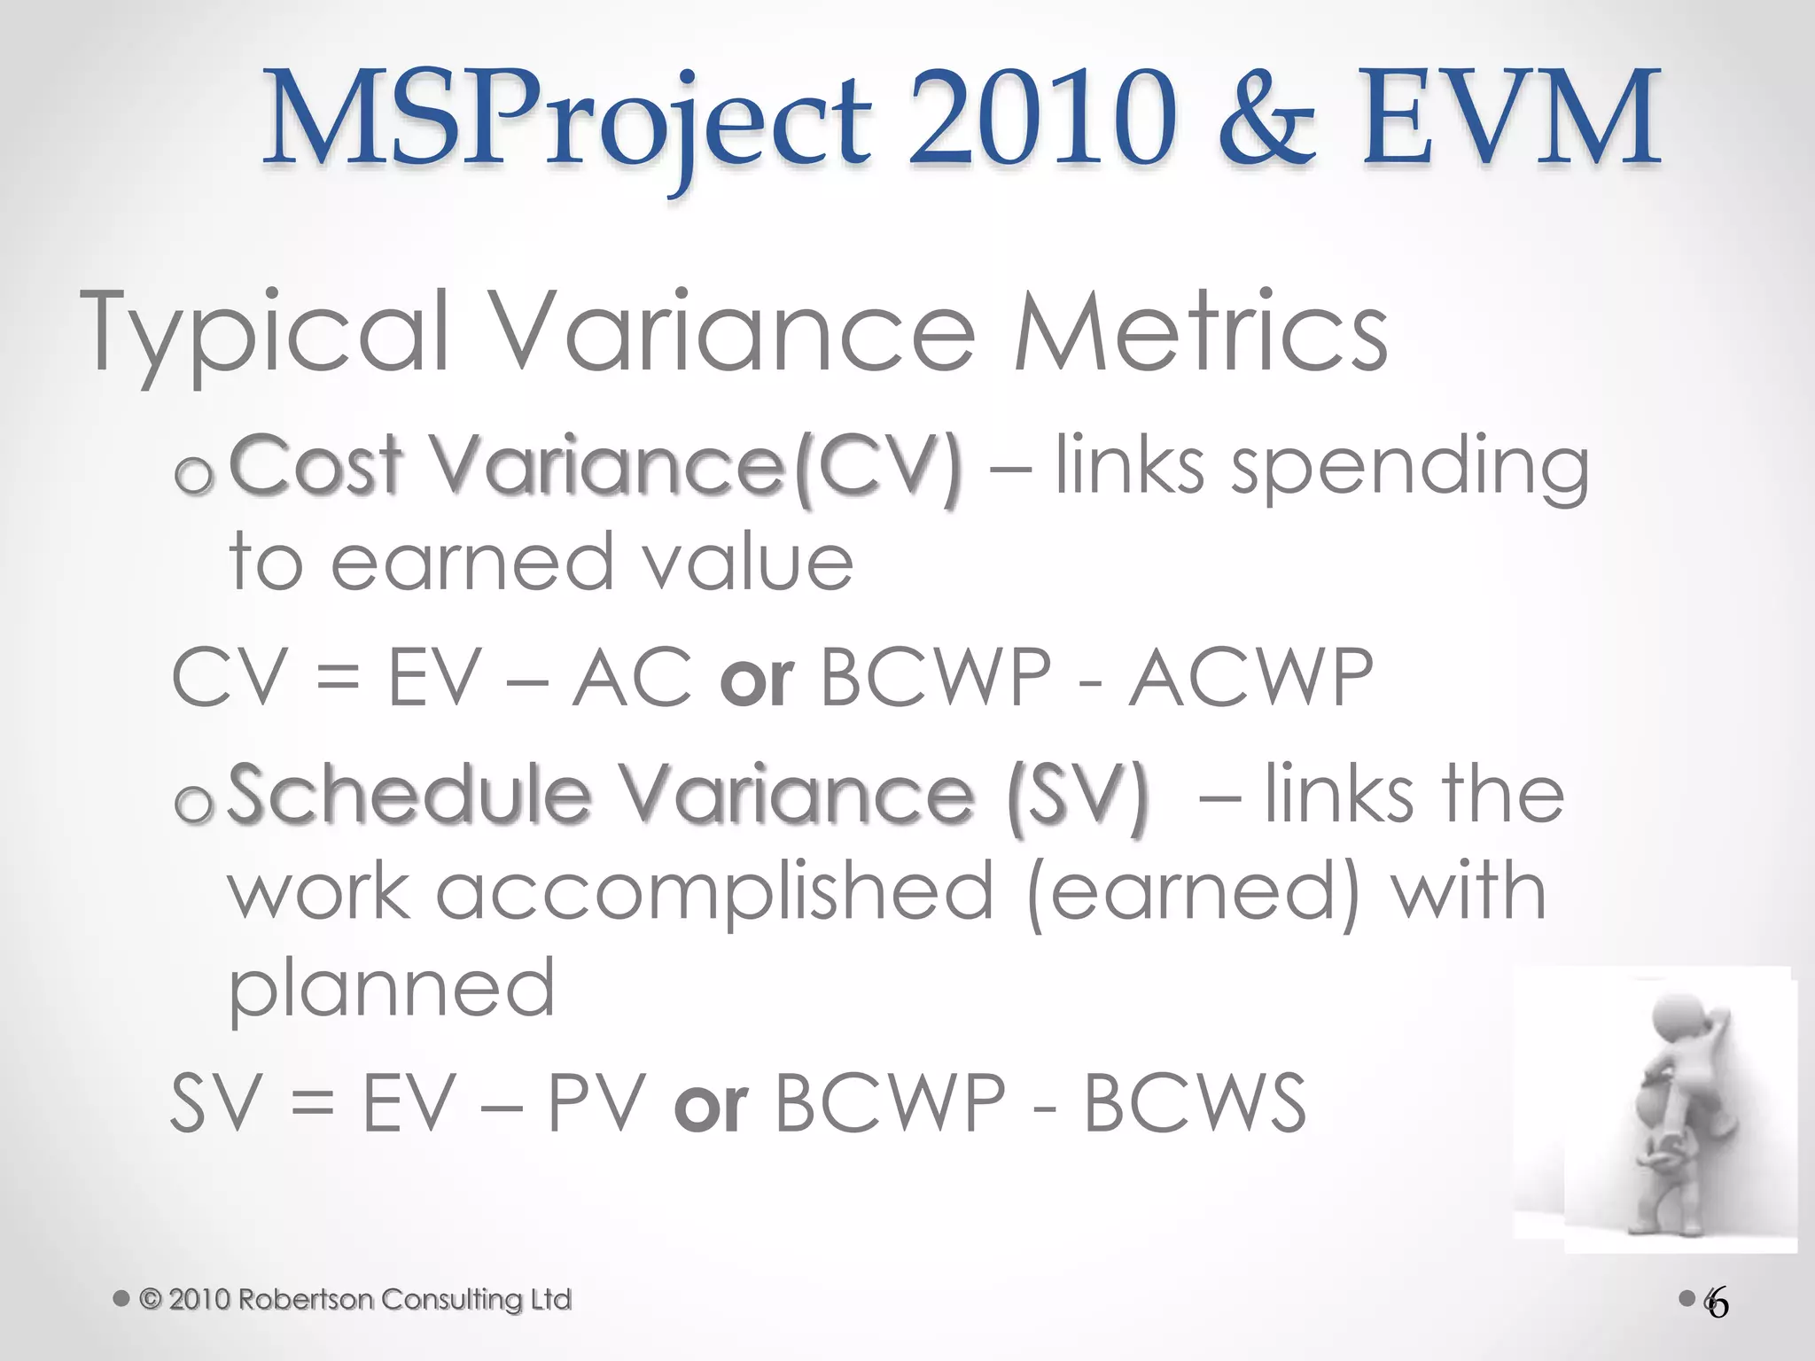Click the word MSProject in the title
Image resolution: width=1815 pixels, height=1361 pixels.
tap(567, 120)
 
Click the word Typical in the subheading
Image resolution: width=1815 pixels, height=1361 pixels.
tap(266, 335)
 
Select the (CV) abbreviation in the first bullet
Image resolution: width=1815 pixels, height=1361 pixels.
tap(877, 470)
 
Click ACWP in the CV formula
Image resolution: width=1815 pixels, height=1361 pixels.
tap(1250, 678)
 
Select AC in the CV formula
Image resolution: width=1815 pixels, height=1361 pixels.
tap(631, 678)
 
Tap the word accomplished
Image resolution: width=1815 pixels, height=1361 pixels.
tap(714, 895)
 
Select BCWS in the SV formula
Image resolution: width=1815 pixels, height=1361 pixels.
tap(1196, 1103)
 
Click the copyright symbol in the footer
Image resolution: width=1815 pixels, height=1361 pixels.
tap(152, 1299)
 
